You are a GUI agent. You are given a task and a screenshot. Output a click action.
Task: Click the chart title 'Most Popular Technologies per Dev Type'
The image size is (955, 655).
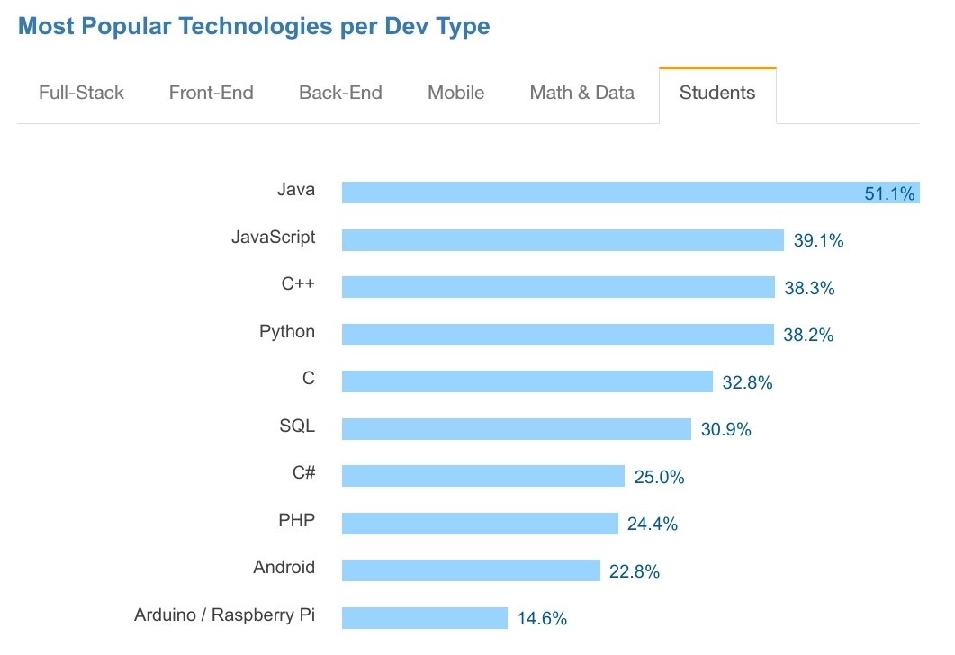pyautogui.click(x=254, y=26)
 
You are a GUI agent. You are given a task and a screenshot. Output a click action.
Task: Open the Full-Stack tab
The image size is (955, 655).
pyautogui.click(x=81, y=93)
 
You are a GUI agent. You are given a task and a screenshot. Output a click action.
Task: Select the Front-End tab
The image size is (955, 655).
pyautogui.click(x=211, y=93)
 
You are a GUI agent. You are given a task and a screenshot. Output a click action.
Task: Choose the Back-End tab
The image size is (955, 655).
pyautogui.click(x=340, y=93)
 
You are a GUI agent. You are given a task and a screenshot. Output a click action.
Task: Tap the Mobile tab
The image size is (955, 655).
pyautogui.click(x=455, y=93)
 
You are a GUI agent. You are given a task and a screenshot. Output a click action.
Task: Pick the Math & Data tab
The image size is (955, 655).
pyautogui.click(x=581, y=93)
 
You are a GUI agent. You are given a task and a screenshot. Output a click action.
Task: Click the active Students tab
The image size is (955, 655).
pyautogui.click(x=717, y=93)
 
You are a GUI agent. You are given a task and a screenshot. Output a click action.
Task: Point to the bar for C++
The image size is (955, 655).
pyautogui.click(x=558, y=287)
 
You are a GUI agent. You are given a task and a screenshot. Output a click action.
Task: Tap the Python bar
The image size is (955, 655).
pyautogui.click(x=557, y=335)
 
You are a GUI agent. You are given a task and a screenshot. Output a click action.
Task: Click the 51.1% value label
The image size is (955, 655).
pyautogui.click(x=889, y=193)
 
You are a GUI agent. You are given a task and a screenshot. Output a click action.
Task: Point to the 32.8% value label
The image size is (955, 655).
pyautogui.click(x=747, y=382)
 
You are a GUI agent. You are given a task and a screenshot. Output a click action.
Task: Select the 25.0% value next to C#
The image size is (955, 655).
pyautogui.click(x=659, y=477)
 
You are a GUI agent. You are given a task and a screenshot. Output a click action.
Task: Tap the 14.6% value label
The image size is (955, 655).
pyautogui.click(x=542, y=618)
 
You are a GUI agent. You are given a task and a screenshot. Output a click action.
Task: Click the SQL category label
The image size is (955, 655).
pyautogui.click(x=297, y=426)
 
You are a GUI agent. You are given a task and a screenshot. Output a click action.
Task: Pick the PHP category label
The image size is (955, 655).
pyautogui.click(x=297, y=520)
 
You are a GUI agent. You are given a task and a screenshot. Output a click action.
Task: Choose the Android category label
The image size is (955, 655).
pyautogui.click(x=284, y=567)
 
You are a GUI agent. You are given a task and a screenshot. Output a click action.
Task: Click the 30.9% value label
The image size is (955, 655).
pyautogui.click(x=725, y=430)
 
